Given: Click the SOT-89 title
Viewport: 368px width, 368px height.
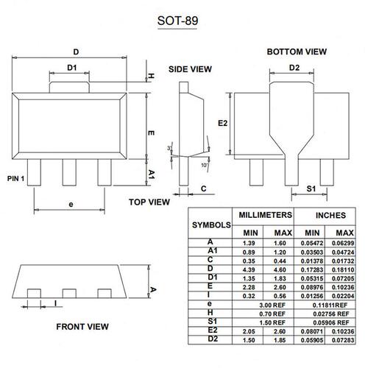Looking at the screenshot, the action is click(177, 21).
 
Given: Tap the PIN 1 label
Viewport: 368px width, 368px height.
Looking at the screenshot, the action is click(15, 179).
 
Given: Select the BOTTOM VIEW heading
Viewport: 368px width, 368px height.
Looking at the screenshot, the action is click(297, 52).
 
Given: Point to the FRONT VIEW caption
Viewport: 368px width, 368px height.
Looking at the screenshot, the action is click(82, 327).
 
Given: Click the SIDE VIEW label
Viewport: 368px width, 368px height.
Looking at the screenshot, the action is click(190, 69).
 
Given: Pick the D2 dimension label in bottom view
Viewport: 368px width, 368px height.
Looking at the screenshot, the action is click(294, 68).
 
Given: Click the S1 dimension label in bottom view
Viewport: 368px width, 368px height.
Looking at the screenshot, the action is click(311, 188).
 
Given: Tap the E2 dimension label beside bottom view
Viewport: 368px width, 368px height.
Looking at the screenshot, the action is click(223, 123).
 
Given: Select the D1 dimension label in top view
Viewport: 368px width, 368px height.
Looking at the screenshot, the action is click(72, 68).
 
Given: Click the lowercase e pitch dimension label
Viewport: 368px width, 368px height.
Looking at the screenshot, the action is click(71, 205).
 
